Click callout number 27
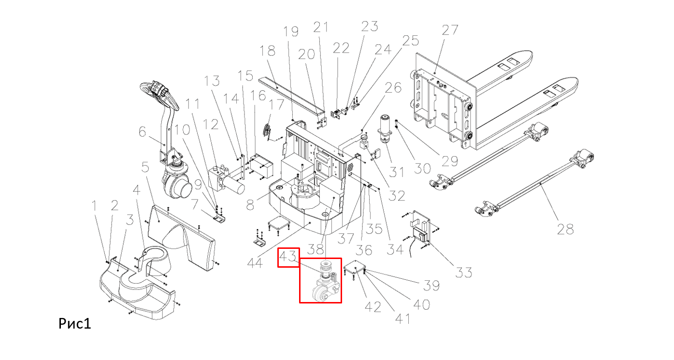point(450,30)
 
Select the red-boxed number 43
point(288,258)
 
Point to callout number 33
point(464,272)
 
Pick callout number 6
point(142,131)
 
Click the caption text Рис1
point(75,323)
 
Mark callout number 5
point(144,167)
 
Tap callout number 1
point(95,206)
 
